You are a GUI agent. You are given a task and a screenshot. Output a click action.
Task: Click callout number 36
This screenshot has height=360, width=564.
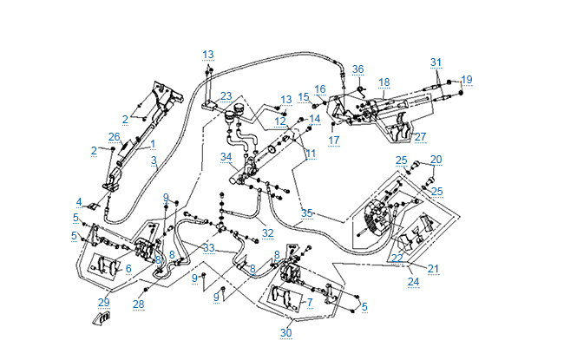(x=357, y=69)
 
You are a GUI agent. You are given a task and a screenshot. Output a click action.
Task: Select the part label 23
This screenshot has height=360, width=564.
(x=226, y=95)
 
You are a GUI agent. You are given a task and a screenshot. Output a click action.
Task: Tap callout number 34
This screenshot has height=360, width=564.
(x=226, y=157)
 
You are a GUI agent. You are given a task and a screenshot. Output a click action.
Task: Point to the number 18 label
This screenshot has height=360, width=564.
(x=384, y=82)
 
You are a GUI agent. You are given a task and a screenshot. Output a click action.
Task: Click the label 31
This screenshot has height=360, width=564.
(x=436, y=62)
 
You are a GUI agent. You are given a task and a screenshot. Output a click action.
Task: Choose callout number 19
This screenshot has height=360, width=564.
(x=467, y=80)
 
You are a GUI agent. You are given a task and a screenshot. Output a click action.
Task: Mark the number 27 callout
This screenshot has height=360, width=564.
(x=420, y=136)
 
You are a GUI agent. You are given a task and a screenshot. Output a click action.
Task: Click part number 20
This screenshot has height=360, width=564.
(x=436, y=160)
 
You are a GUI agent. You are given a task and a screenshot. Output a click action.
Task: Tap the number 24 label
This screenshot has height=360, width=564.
(x=413, y=281)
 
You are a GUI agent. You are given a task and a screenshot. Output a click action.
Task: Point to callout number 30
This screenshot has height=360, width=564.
(x=285, y=333)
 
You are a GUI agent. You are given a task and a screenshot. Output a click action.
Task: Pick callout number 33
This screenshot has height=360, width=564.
(x=208, y=248)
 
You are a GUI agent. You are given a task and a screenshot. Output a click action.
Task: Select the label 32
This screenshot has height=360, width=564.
(x=268, y=232)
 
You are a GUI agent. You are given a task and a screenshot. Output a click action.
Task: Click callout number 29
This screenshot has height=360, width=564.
(x=104, y=302)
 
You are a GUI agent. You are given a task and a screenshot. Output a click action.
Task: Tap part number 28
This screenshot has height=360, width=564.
(x=138, y=304)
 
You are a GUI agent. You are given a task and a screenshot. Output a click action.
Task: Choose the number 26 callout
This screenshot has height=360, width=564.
(x=114, y=137)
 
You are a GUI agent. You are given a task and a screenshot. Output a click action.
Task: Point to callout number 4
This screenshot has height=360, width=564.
(x=79, y=202)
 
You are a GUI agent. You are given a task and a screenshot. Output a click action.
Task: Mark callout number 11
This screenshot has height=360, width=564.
(x=311, y=154)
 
